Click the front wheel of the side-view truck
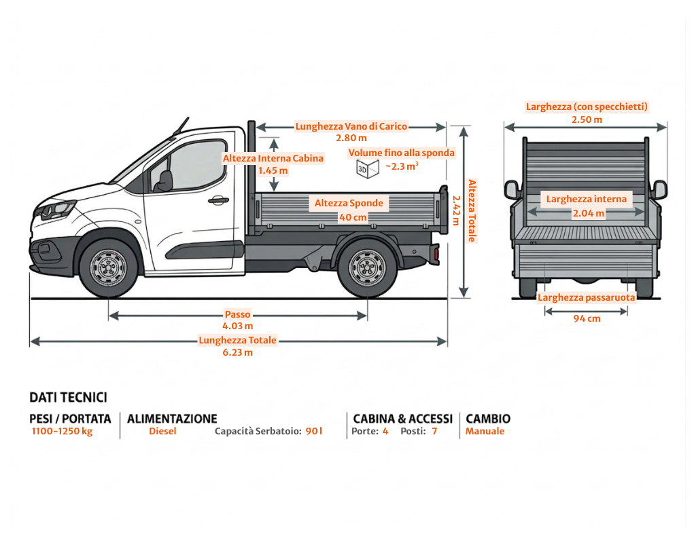[108, 267]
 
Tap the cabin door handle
[217, 200]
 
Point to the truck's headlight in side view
[56, 208]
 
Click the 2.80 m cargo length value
[351, 138]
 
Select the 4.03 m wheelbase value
[237, 326]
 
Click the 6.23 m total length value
[237, 352]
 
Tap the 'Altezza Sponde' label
[349, 203]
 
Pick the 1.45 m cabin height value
[273, 170]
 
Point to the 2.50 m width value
[587, 119]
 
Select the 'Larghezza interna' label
[587, 199]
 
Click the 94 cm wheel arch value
[587, 318]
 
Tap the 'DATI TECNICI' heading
[68, 397]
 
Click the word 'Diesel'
[162, 431]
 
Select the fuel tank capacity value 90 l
[314, 431]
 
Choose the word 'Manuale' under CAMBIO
[485, 431]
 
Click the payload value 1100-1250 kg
[62, 431]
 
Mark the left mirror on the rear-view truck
[512, 189]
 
